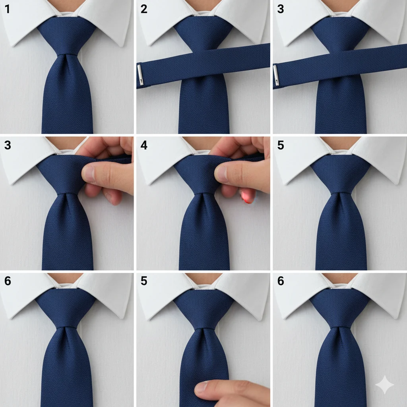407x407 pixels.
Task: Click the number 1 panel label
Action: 7,9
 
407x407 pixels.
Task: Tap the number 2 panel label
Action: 144,9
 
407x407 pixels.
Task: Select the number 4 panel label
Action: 144,145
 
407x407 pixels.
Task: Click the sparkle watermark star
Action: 385,385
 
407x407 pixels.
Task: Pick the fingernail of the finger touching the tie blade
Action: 201,387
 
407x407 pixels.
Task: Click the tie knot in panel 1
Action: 66,36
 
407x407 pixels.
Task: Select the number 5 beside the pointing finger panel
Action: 144,281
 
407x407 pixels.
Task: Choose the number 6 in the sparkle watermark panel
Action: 281,281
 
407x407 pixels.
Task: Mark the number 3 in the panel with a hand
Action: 8,145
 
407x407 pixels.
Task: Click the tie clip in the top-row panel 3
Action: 276,75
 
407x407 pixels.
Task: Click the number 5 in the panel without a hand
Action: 281,145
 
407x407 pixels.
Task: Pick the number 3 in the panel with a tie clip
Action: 281,9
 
